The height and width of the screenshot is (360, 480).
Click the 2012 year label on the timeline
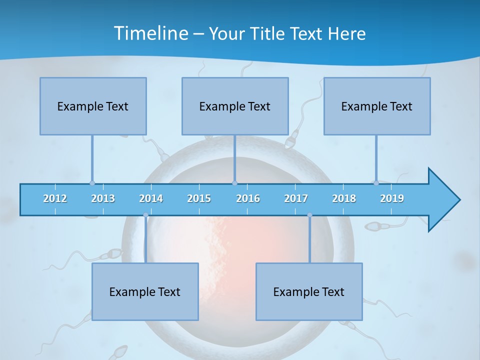pyautogui.click(x=55, y=198)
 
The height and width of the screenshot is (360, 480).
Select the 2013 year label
pyautogui.click(x=103, y=198)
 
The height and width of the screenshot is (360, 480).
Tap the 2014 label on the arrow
pyautogui.click(x=151, y=198)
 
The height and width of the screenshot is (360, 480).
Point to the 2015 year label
pyautogui.click(x=199, y=198)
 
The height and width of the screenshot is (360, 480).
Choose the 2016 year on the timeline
pyautogui.click(x=248, y=198)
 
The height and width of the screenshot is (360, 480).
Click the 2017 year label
pyautogui.click(x=296, y=198)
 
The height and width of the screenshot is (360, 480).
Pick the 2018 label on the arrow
pyautogui.click(x=344, y=198)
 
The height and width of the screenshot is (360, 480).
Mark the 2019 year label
pyautogui.click(x=392, y=198)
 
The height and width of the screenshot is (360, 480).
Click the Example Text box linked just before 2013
pyautogui.click(x=93, y=106)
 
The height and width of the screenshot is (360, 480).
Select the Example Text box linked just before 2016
pyautogui.click(x=235, y=106)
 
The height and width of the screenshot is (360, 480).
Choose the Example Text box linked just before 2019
pyautogui.click(x=377, y=106)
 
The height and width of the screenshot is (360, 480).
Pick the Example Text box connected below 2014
pyautogui.click(x=145, y=291)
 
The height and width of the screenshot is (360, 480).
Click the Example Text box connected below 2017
pyautogui.click(x=309, y=291)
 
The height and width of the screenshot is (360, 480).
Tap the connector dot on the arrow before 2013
pyautogui.click(x=92, y=183)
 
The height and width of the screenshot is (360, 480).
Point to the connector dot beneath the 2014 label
pyautogui.click(x=145, y=215)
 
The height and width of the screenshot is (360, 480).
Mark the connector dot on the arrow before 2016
pyautogui.click(x=235, y=183)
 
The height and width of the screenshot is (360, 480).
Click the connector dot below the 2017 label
pyautogui.click(x=309, y=215)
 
